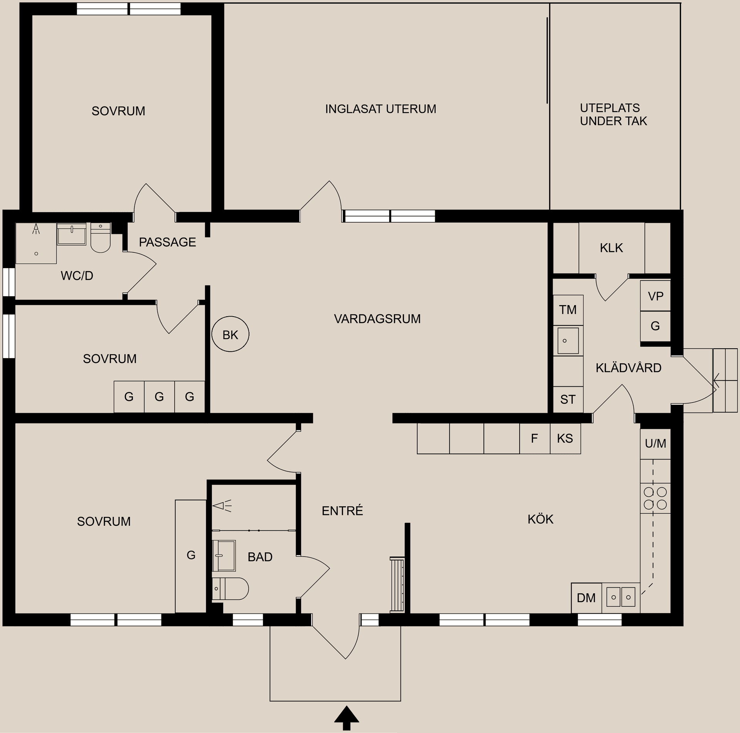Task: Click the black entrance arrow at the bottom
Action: (346, 717)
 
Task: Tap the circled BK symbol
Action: (230, 334)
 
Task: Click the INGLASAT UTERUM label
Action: (380, 109)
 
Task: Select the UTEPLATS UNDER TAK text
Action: (613, 114)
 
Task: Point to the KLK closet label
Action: (611, 248)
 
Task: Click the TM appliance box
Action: (568, 310)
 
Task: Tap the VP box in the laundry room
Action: (655, 296)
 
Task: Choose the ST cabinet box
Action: (568, 399)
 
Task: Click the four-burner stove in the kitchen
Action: (655, 498)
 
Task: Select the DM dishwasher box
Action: (586, 597)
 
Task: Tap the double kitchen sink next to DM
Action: (621, 597)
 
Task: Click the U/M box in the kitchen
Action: (655, 443)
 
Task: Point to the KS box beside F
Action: (565, 438)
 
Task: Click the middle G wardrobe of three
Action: (159, 396)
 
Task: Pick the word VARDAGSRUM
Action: (377, 319)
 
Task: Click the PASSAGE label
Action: (167, 242)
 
